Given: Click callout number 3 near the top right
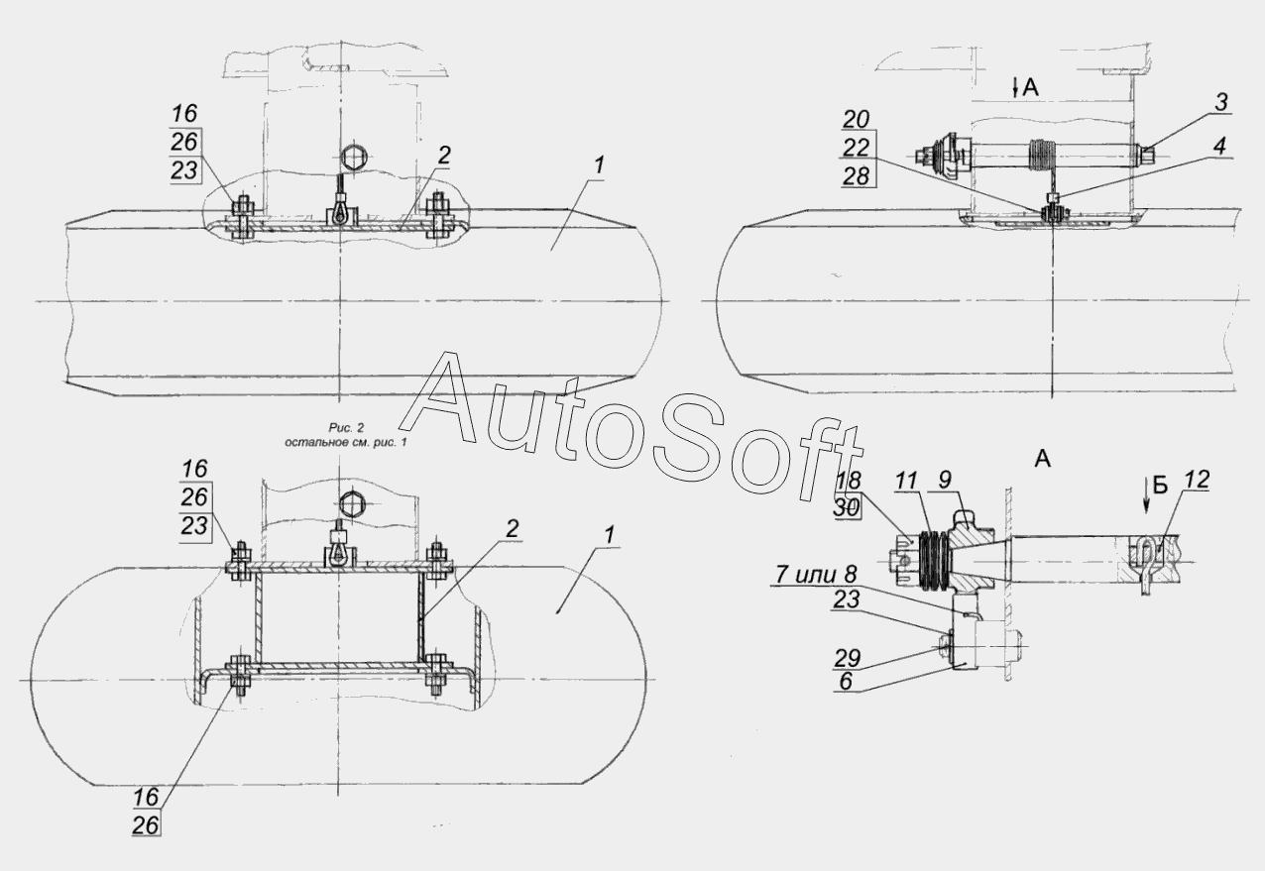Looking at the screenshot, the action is pos(1221,103).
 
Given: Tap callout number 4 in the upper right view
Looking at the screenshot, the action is pos(1218,147).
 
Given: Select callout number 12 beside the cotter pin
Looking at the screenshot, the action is pos(1197,481).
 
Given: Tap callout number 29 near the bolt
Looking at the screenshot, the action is pos(848,659).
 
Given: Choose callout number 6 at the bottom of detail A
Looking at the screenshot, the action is pos(846,682).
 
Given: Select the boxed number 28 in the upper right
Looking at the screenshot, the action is pos(857,176).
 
